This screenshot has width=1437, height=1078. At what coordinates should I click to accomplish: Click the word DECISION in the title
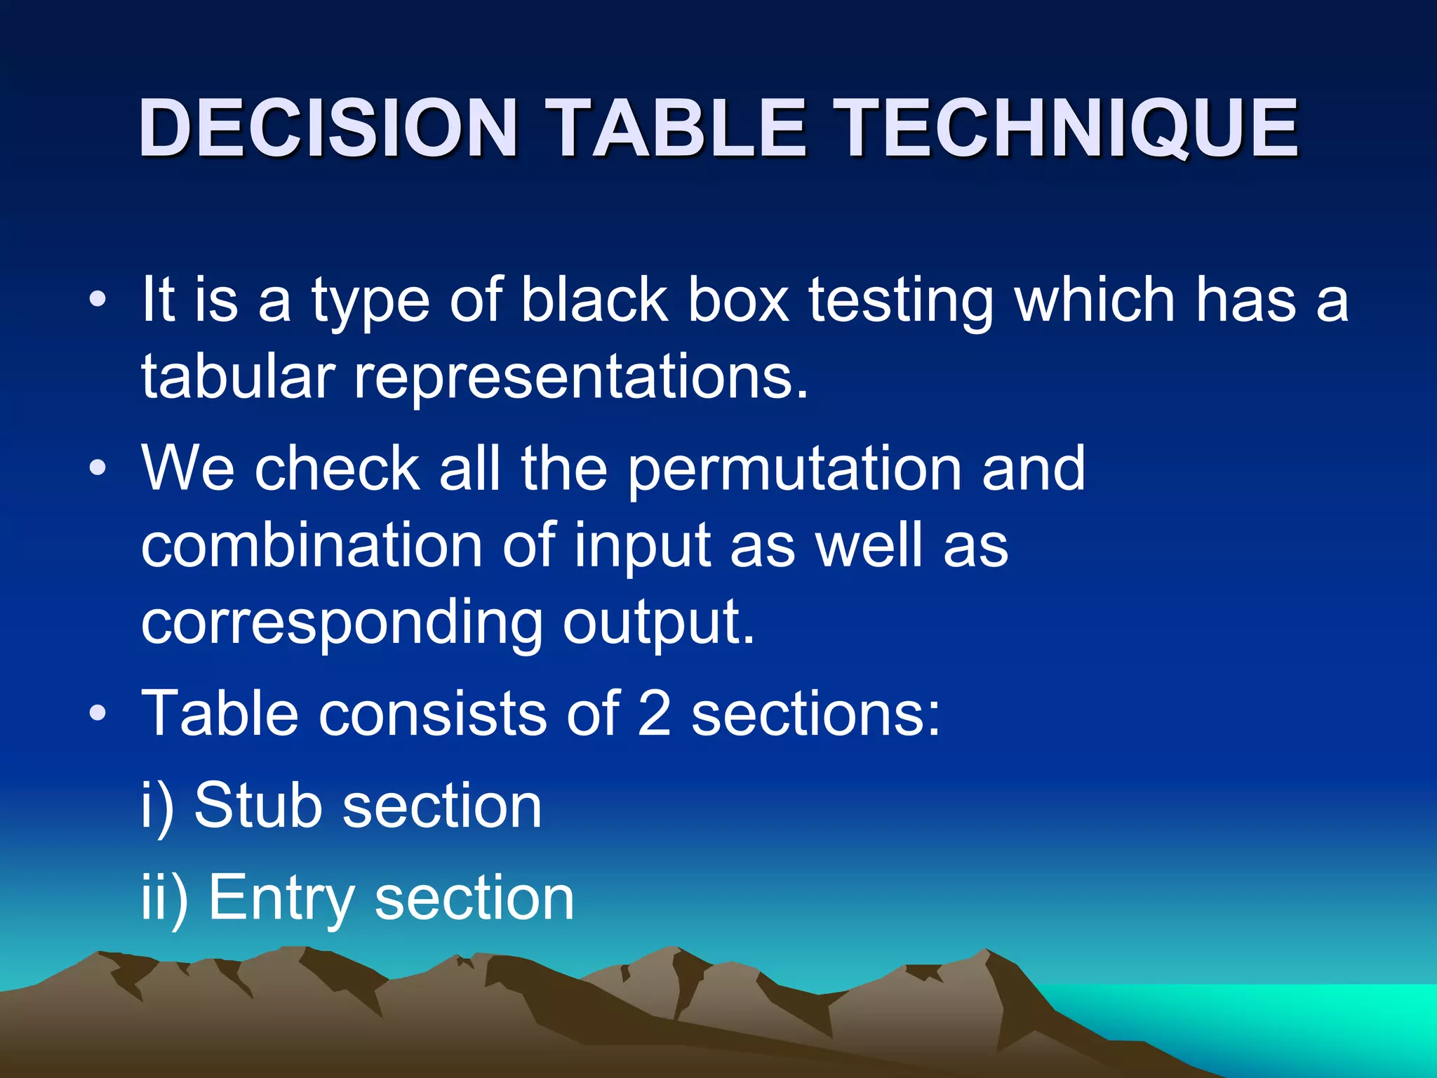pyautogui.click(x=328, y=128)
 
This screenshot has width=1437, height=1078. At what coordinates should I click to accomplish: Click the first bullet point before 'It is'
pyautogui.click(x=98, y=300)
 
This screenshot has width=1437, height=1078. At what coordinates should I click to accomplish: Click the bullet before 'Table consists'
pyautogui.click(x=98, y=713)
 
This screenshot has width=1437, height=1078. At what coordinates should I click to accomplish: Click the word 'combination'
pyautogui.click(x=312, y=545)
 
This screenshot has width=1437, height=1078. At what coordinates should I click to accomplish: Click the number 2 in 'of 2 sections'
pyautogui.click(x=654, y=713)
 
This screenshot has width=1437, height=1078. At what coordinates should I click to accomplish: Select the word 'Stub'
pyautogui.click(x=257, y=805)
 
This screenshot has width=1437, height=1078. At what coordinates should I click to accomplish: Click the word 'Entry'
pyautogui.click(x=282, y=898)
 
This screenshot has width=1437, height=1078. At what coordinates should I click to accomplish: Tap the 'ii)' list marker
pyautogui.click(x=164, y=898)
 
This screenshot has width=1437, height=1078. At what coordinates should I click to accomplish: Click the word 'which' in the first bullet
pyautogui.click(x=1095, y=300)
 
